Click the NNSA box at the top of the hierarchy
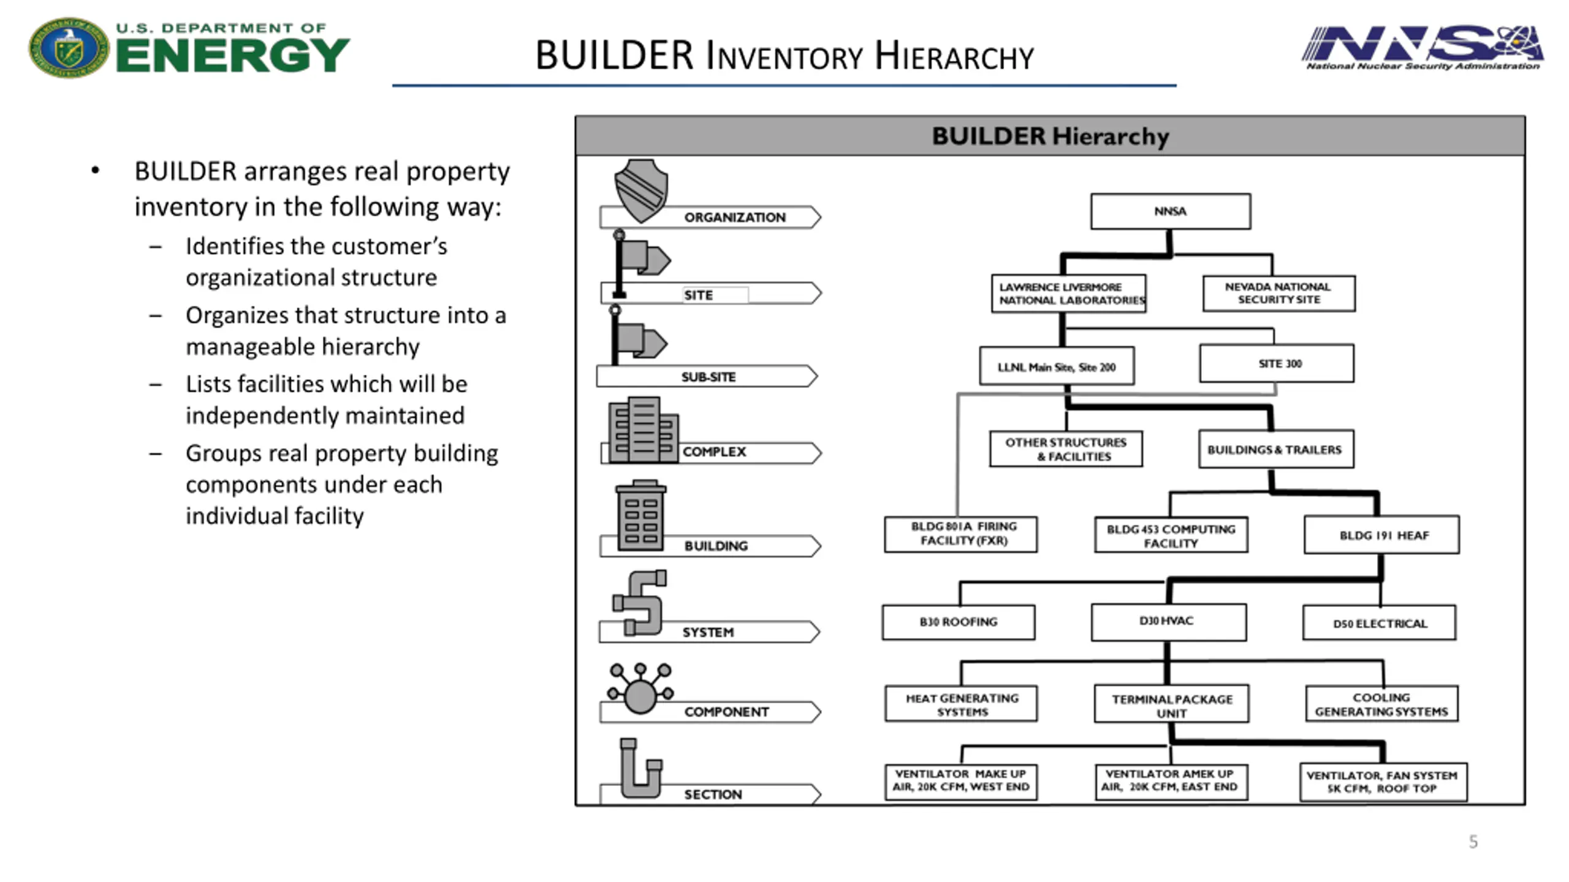pyautogui.click(x=1170, y=211)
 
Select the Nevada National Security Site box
pyautogui.click(x=1278, y=293)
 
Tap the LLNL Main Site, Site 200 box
pyautogui.click(x=1057, y=366)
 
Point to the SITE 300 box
pyautogui.click(x=1277, y=363)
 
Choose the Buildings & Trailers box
pyautogui.click(x=1276, y=449)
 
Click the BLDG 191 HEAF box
pyautogui.click(x=1381, y=535)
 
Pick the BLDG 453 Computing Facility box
pyautogui.click(x=1171, y=535)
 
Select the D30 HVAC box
pyautogui.click(x=1168, y=622)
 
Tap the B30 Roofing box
pyautogui.click(x=959, y=622)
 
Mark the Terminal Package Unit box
pyautogui.click(x=1171, y=704)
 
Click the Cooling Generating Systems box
pyautogui.click(x=1381, y=704)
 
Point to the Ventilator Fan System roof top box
pyautogui.click(x=1383, y=782)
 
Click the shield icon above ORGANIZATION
pyautogui.click(x=640, y=190)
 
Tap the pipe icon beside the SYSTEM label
pyautogui.click(x=640, y=602)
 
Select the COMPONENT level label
pyautogui.click(x=726, y=712)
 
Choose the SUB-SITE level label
pyautogui.click(x=708, y=377)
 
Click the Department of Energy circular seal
pyautogui.click(x=69, y=48)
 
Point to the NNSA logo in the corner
pyautogui.click(x=1422, y=48)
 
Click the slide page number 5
pyautogui.click(x=1473, y=842)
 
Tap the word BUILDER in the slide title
pyautogui.click(x=615, y=55)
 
